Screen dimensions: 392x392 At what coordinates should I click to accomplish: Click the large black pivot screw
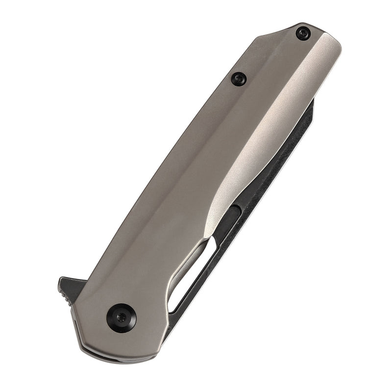tap(121, 318)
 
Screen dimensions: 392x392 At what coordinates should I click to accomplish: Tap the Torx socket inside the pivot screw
tap(121, 318)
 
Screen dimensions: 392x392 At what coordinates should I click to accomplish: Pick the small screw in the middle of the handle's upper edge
tap(239, 78)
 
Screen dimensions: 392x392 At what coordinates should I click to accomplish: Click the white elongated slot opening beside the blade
tap(189, 274)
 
